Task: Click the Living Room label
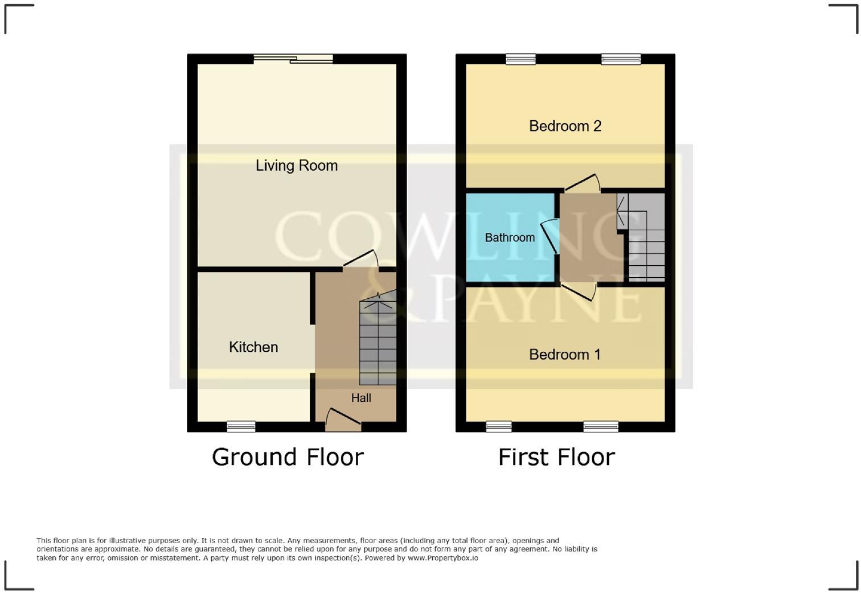point(296,166)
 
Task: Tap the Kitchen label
point(253,347)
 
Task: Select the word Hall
point(361,398)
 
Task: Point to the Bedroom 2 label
point(565,126)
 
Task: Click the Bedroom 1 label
point(564,355)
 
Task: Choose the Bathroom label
point(510,237)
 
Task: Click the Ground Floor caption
point(288,457)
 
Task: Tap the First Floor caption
point(556,457)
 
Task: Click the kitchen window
point(241,426)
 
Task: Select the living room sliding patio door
point(293,59)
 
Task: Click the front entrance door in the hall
point(343,420)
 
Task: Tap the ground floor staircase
point(378,342)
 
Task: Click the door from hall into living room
point(361,260)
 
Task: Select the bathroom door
point(549,236)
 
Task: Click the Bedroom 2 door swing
point(583,183)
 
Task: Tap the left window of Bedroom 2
point(520,59)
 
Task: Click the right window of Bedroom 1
point(600,426)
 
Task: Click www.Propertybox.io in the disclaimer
point(442,558)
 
